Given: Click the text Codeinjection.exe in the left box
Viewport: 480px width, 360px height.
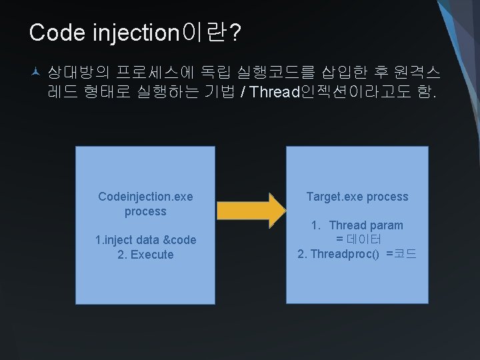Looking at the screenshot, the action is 145,196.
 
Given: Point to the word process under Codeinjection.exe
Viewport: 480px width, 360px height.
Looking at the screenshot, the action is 145,211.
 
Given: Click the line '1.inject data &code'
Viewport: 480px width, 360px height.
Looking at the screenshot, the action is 145,240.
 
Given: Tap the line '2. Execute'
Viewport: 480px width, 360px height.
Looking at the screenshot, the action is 145,255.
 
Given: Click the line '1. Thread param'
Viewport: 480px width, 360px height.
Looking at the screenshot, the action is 357,225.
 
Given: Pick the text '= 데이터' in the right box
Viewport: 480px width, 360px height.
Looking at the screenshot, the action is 358,239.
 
